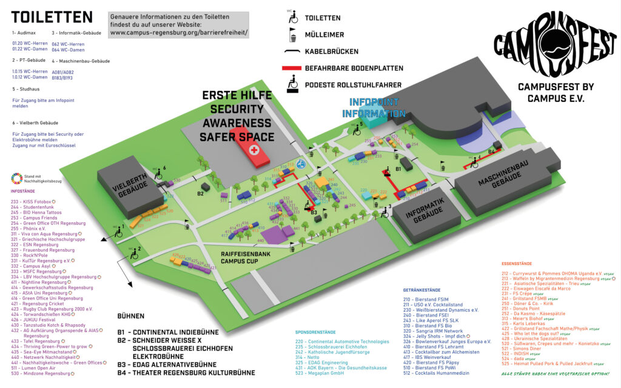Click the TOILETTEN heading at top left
[x=52, y=16]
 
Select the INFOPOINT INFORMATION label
[x=374, y=109]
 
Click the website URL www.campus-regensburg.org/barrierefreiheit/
[x=178, y=32]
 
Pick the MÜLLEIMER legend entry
[x=324, y=35]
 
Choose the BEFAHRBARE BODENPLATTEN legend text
[x=354, y=69]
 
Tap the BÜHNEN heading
[x=131, y=316]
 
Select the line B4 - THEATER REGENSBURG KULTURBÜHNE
[x=186, y=373]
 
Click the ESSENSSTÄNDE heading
[x=517, y=264]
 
